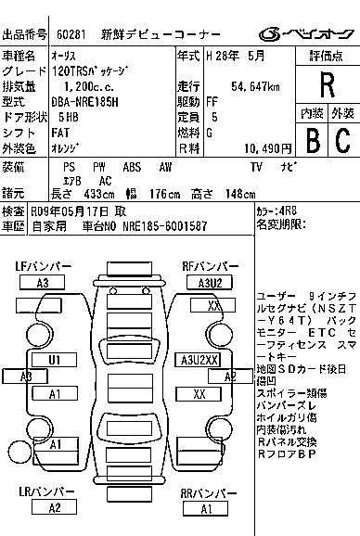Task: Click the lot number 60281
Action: click(71, 34)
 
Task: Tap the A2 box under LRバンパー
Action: click(54, 507)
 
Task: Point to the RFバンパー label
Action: click(206, 267)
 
